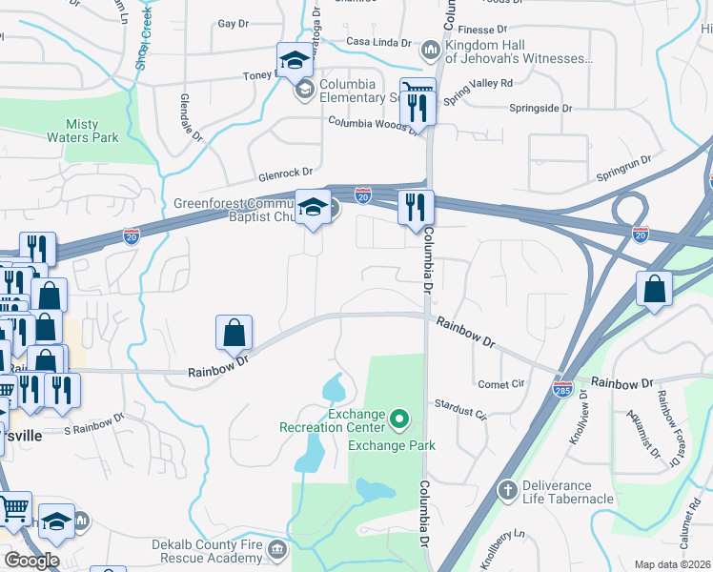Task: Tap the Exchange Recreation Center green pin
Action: coord(400,418)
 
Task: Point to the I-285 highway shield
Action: coord(562,391)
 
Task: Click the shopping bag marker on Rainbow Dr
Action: coord(234,333)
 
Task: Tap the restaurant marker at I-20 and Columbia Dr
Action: coord(415,208)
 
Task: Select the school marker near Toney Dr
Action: coord(295,61)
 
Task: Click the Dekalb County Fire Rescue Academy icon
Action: coord(277,549)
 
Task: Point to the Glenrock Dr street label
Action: coord(285,173)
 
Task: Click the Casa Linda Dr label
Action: coord(378,43)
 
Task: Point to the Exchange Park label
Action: coord(392,445)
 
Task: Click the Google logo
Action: coord(31,561)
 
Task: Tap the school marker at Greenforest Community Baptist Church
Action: coord(312,209)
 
